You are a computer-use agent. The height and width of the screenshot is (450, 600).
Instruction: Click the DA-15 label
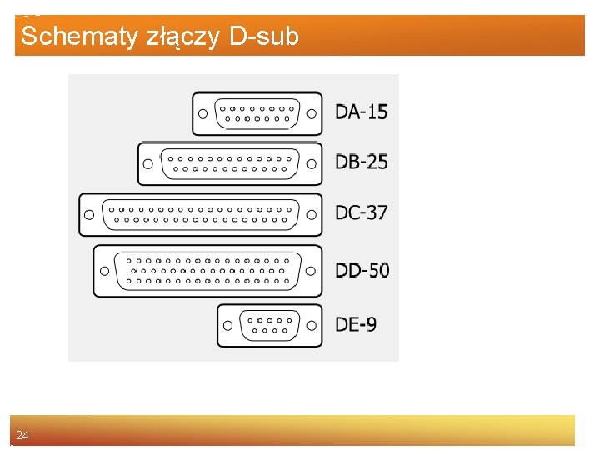coord(361,112)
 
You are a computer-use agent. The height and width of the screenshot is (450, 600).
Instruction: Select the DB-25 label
coord(361,162)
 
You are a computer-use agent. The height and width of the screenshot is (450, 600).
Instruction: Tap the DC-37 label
coord(361,212)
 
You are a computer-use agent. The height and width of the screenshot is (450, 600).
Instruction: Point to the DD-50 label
coord(362,270)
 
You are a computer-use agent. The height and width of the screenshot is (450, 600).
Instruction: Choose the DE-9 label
coord(355,323)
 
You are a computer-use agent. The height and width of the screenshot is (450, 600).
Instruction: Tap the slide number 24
coord(22,435)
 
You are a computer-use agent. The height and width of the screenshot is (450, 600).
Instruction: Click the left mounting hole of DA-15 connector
coord(202,113)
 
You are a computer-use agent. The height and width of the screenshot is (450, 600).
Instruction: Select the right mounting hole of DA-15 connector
coord(312,113)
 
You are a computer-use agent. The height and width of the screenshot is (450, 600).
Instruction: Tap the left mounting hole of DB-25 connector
coord(148,163)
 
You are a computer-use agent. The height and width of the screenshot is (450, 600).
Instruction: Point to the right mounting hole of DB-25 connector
coord(312,163)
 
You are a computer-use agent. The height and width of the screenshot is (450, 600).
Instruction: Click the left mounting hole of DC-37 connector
coord(88,214)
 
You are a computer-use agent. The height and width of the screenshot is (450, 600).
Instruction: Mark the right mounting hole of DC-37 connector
coord(312,214)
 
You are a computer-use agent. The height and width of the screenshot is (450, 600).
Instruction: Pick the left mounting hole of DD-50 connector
coord(104,271)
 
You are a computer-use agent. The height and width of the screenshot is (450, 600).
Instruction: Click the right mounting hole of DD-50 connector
coord(312,271)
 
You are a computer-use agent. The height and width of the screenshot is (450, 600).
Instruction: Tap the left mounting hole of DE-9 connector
coord(227,325)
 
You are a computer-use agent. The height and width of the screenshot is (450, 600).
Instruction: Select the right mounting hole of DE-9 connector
coord(312,325)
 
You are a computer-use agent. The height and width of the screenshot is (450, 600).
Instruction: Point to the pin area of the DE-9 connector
coord(268,325)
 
